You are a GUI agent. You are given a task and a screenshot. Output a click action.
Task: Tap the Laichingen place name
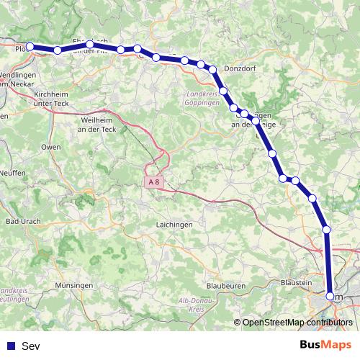pyautogui.click(x=174, y=225)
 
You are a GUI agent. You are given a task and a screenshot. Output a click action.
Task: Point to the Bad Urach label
pyautogui.click(x=22, y=221)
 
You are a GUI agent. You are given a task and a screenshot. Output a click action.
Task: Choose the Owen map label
pyautogui.click(x=50, y=147)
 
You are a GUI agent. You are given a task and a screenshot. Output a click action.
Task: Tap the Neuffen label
pyautogui.click(x=12, y=174)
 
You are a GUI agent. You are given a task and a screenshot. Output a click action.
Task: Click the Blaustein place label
pyautogui.click(x=296, y=283)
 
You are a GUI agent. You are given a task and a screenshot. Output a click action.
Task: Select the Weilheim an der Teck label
pyautogui.click(x=99, y=124)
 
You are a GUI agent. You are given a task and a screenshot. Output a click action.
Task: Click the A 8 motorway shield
pyautogui.click(x=152, y=182)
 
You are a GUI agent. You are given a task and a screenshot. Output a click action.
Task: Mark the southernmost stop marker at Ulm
pyautogui.click(x=330, y=296)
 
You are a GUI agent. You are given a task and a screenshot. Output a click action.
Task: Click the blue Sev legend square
pyautogui.click(x=9, y=346)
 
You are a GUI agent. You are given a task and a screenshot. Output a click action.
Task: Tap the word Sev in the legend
pyautogui.click(x=31, y=346)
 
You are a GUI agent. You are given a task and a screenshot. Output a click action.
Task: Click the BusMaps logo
pyautogui.click(x=325, y=345)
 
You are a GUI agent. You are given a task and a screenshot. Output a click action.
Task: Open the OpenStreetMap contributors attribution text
pyautogui.click(x=297, y=323)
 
